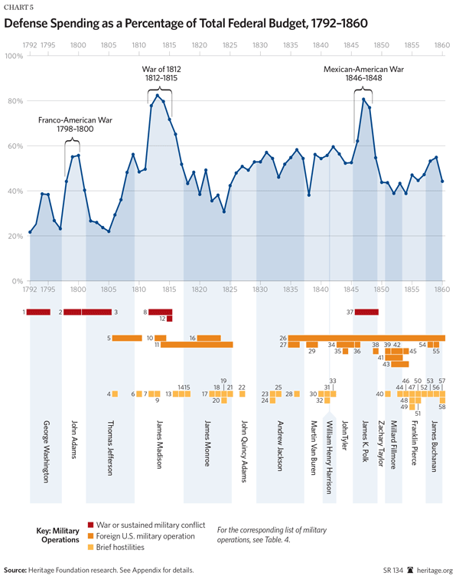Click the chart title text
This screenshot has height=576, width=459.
(187, 24)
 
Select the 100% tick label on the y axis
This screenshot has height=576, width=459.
(14, 56)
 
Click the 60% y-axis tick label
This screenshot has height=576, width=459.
(14, 146)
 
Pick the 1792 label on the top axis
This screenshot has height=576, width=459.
(30, 44)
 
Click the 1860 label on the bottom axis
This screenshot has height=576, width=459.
(441, 291)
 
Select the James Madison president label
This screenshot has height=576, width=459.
(160, 447)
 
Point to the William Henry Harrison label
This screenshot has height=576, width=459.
(330, 458)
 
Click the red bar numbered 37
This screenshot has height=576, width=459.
(366, 312)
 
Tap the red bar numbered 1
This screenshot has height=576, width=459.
(39, 312)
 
